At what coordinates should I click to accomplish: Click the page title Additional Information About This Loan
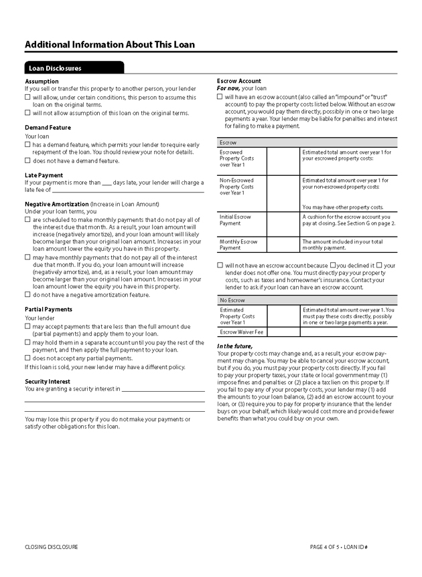[x=110, y=45]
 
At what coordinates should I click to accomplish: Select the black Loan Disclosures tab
[x=74, y=68]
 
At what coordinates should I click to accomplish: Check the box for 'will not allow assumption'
[x=27, y=113]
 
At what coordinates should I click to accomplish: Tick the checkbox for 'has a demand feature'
[x=27, y=144]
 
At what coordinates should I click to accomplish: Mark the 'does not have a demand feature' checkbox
[x=27, y=160]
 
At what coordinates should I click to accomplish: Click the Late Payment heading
[x=44, y=175]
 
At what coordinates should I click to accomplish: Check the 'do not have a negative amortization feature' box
[x=27, y=294]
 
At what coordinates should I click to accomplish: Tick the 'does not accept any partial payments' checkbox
[x=27, y=358]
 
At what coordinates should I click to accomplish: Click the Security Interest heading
[x=48, y=381]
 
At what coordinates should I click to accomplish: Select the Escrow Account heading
[x=239, y=81]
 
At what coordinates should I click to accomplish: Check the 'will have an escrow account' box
[x=220, y=96]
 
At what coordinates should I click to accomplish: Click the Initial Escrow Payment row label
[x=235, y=220]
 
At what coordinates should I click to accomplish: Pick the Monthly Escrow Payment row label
[x=238, y=244]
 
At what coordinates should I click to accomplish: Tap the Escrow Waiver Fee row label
[x=241, y=332]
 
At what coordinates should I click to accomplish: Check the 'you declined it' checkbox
[x=333, y=265]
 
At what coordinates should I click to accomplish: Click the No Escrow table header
[x=232, y=300]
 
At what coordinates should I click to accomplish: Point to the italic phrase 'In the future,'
[x=234, y=346]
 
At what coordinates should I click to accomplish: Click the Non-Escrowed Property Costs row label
[x=236, y=187]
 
